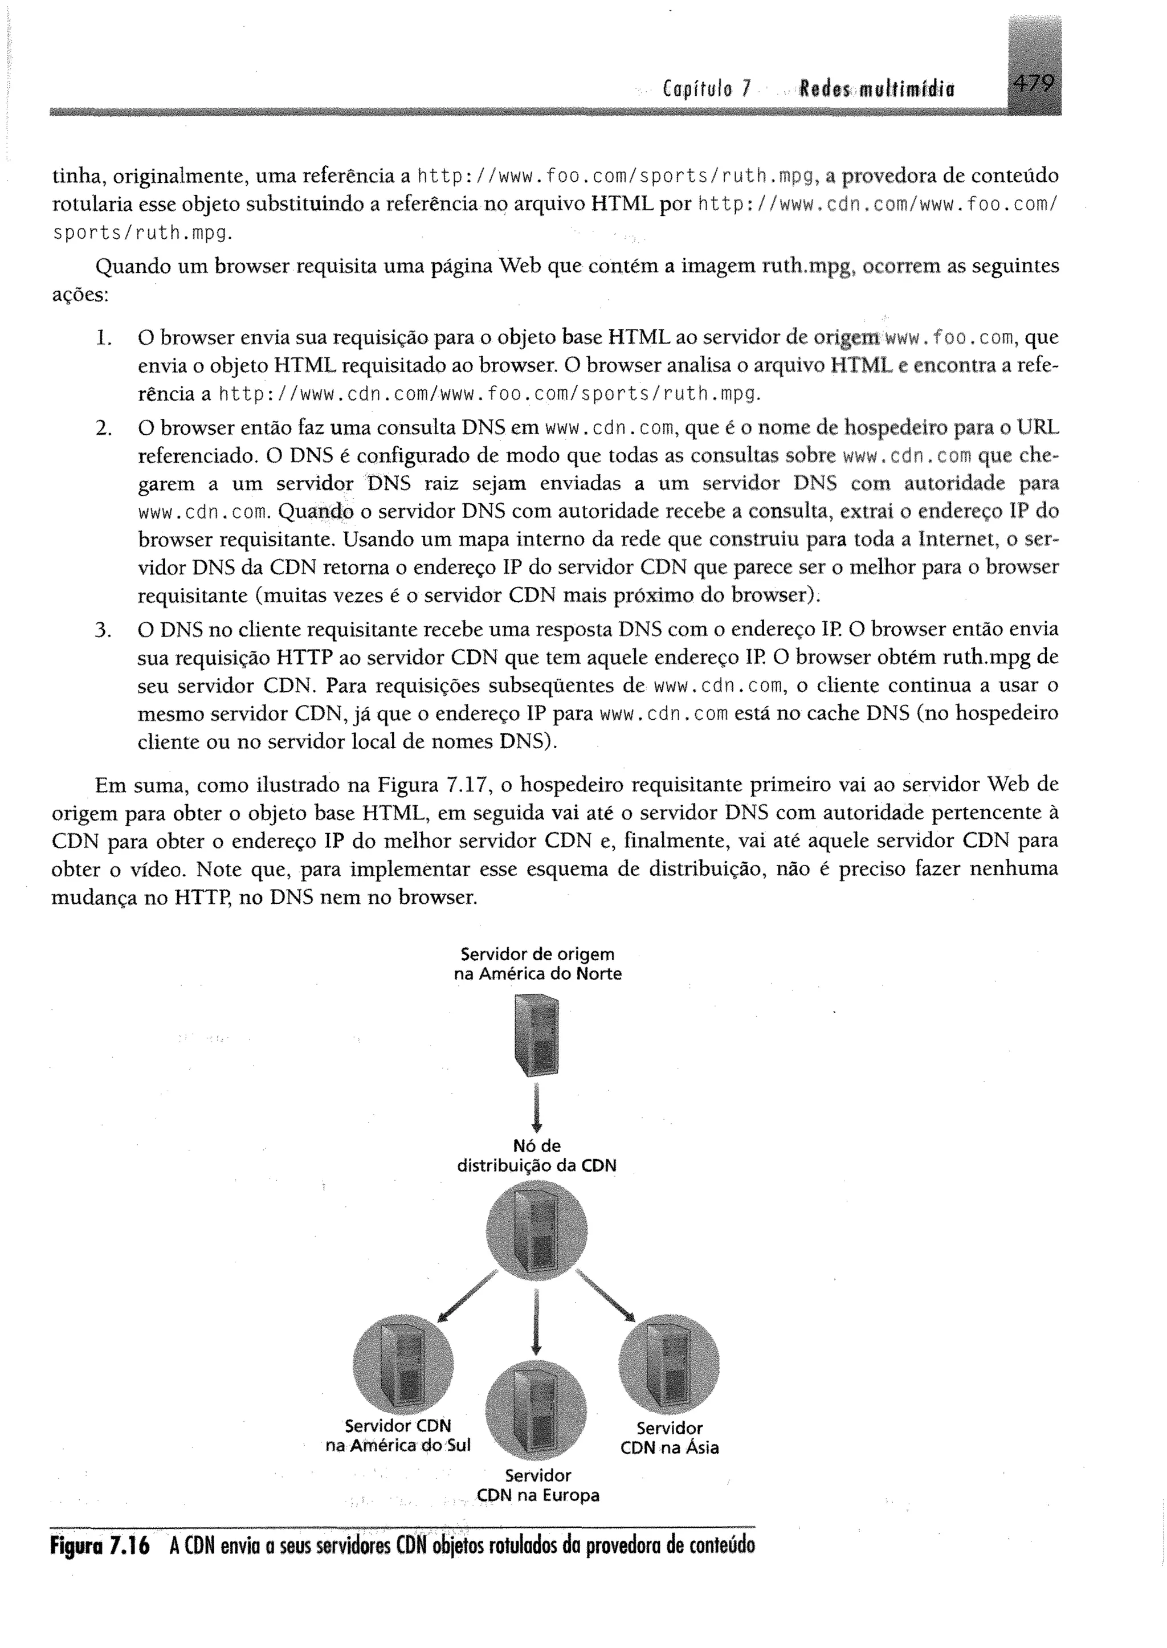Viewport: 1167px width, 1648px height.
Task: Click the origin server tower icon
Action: [x=536, y=1034]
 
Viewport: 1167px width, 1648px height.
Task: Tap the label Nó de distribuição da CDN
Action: [x=537, y=1156]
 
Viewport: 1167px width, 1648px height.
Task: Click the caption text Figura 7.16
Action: [x=100, y=1546]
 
